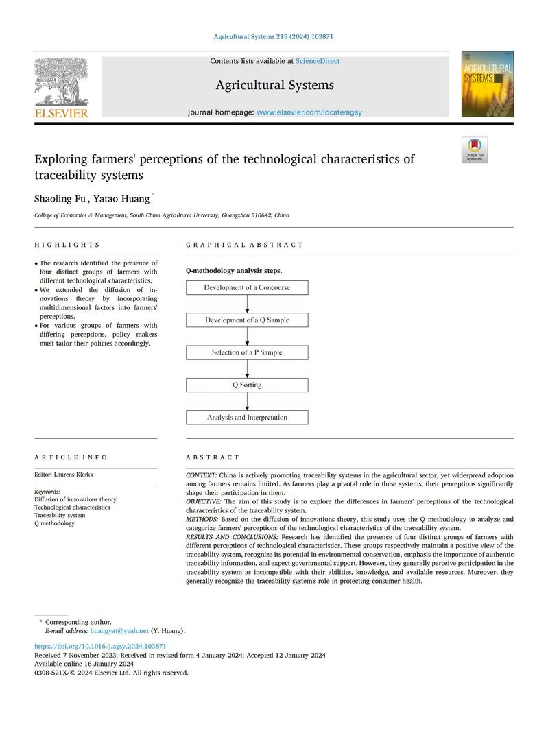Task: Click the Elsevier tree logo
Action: (x=61, y=82)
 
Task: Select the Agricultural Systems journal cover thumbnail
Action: (x=487, y=84)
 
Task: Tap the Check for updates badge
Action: (x=474, y=150)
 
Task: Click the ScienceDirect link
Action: (x=318, y=61)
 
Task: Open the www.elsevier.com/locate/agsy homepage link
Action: (x=309, y=112)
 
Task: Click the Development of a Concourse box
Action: (x=247, y=288)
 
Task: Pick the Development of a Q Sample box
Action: (x=247, y=320)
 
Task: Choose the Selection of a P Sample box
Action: (x=247, y=352)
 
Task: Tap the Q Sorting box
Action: (x=247, y=385)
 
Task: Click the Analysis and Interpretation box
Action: (x=247, y=417)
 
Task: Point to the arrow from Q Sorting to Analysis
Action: (x=247, y=401)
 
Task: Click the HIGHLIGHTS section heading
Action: (x=67, y=245)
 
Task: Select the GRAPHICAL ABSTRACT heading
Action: (x=244, y=245)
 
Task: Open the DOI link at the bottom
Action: (x=100, y=646)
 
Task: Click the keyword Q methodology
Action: (x=55, y=523)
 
